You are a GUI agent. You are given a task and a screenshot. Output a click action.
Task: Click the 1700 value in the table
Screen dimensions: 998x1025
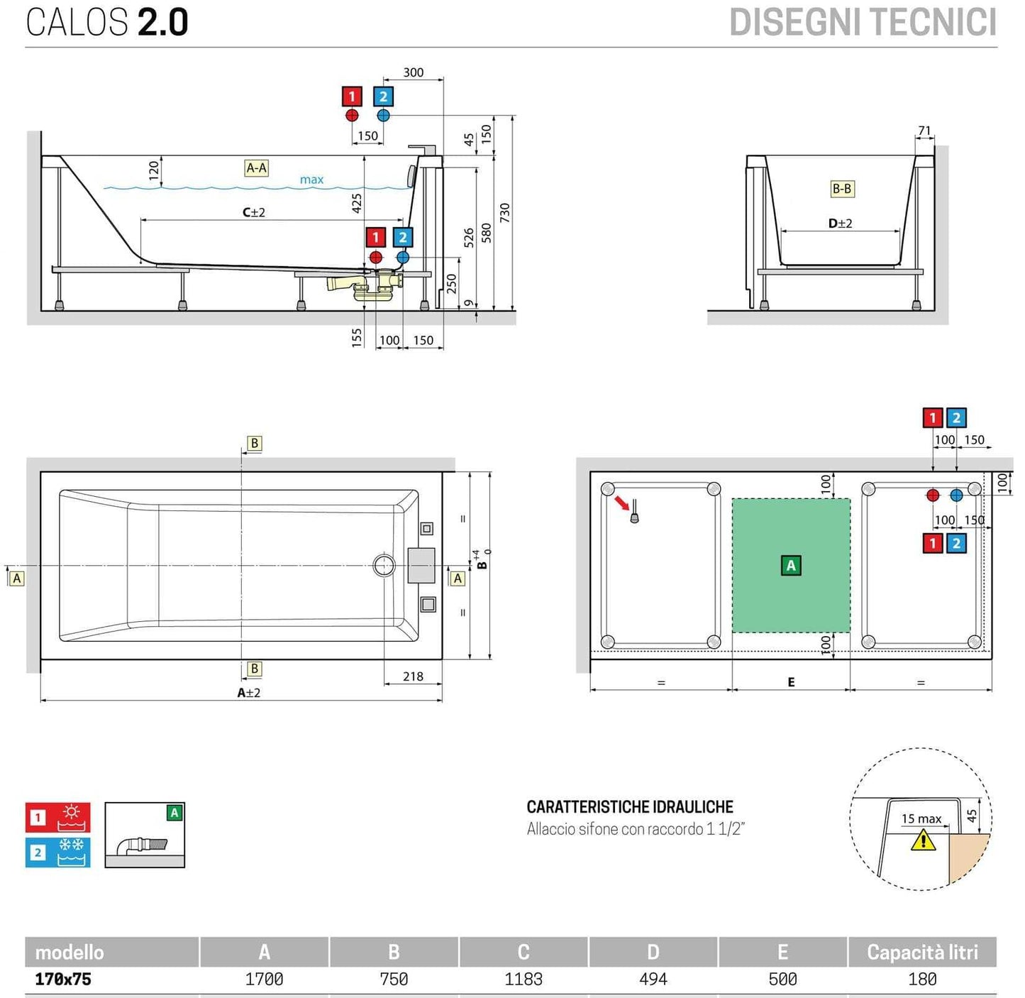[264, 980]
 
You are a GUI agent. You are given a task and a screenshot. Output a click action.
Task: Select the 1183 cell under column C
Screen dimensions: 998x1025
[523, 980]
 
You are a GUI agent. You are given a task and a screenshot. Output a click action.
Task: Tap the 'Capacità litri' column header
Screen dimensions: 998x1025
[922, 953]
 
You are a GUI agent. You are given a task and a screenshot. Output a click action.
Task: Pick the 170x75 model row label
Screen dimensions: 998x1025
[63, 980]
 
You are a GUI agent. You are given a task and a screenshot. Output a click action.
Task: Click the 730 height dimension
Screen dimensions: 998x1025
[505, 212]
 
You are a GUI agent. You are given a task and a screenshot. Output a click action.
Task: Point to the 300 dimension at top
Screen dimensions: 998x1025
[414, 72]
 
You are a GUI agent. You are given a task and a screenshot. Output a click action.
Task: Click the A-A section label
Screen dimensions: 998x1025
[256, 168]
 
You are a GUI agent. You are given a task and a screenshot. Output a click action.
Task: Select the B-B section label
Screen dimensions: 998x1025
[842, 189]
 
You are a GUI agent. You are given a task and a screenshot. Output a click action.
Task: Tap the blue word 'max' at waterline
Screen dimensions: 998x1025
[311, 180]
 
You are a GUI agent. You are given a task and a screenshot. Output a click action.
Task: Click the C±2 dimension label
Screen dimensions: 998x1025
[254, 212]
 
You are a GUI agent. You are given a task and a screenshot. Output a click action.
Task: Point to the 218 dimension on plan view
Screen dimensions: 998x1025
[413, 676]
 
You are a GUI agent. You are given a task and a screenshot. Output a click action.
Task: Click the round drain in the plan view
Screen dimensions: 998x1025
[384, 565]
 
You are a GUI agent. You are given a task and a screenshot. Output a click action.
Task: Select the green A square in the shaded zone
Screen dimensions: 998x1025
[791, 566]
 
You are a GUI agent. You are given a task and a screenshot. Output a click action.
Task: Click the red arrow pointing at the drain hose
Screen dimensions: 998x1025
[622, 503]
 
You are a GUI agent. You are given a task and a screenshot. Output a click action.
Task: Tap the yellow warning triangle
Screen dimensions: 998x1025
[923, 840]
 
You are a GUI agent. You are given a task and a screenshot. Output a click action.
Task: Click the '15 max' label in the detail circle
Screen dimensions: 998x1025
[921, 819]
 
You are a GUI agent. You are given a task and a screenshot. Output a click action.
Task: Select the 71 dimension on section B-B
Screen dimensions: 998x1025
[924, 131]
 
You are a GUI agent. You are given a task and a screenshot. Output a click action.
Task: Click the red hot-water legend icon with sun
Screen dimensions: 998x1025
[58, 818]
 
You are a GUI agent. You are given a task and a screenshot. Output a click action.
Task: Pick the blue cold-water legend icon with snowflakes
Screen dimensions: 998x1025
[58, 852]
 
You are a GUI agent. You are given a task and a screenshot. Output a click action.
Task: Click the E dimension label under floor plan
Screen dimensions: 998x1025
[791, 682]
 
